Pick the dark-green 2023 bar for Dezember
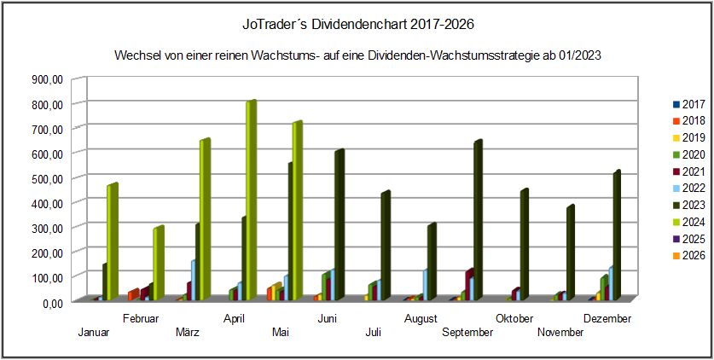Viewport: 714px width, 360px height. pyautogui.click(x=616, y=235)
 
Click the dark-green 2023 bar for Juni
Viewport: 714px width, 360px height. pyautogui.click(x=338, y=225)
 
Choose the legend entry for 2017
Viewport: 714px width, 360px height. pyautogui.click(x=688, y=104)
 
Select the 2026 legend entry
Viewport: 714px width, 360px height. pyautogui.click(x=688, y=255)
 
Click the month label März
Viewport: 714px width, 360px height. pyautogui.click(x=187, y=333)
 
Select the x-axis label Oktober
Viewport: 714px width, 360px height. pyautogui.click(x=514, y=319)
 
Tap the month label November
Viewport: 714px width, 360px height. pyautogui.click(x=560, y=333)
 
